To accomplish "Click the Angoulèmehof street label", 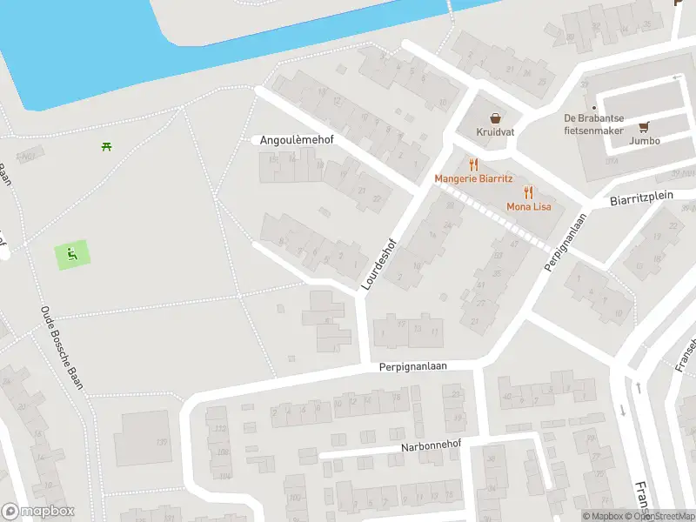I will (x=297, y=139).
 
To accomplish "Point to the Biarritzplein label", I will (x=642, y=197).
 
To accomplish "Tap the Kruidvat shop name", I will (x=494, y=132).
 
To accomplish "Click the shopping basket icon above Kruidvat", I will (x=495, y=117).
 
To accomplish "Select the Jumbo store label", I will (x=645, y=141).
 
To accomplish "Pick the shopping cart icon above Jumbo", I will (x=645, y=127).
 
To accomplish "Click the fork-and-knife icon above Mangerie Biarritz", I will (x=473, y=164).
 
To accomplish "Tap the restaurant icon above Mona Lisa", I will (x=528, y=192).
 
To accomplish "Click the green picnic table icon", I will (x=107, y=146).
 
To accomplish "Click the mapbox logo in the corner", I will (x=38, y=512).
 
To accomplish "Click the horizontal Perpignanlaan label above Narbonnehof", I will (x=412, y=367).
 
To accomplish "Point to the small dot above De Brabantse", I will (x=594, y=107).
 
